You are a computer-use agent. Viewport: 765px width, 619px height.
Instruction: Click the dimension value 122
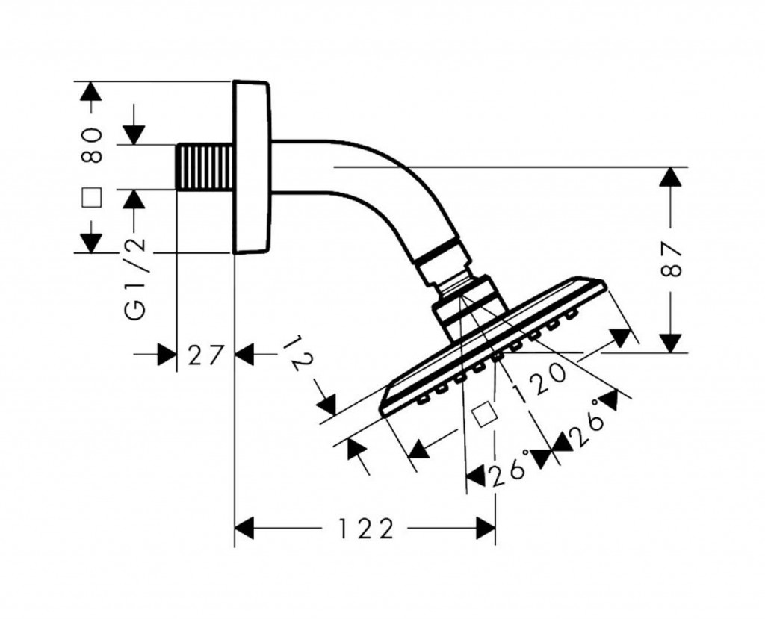tap(365, 529)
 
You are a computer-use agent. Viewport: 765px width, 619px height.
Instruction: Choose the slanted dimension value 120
tap(539, 379)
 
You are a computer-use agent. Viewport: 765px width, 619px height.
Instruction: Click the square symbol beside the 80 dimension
tap(91, 197)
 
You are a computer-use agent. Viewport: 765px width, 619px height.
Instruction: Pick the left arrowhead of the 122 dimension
tap(247, 529)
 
